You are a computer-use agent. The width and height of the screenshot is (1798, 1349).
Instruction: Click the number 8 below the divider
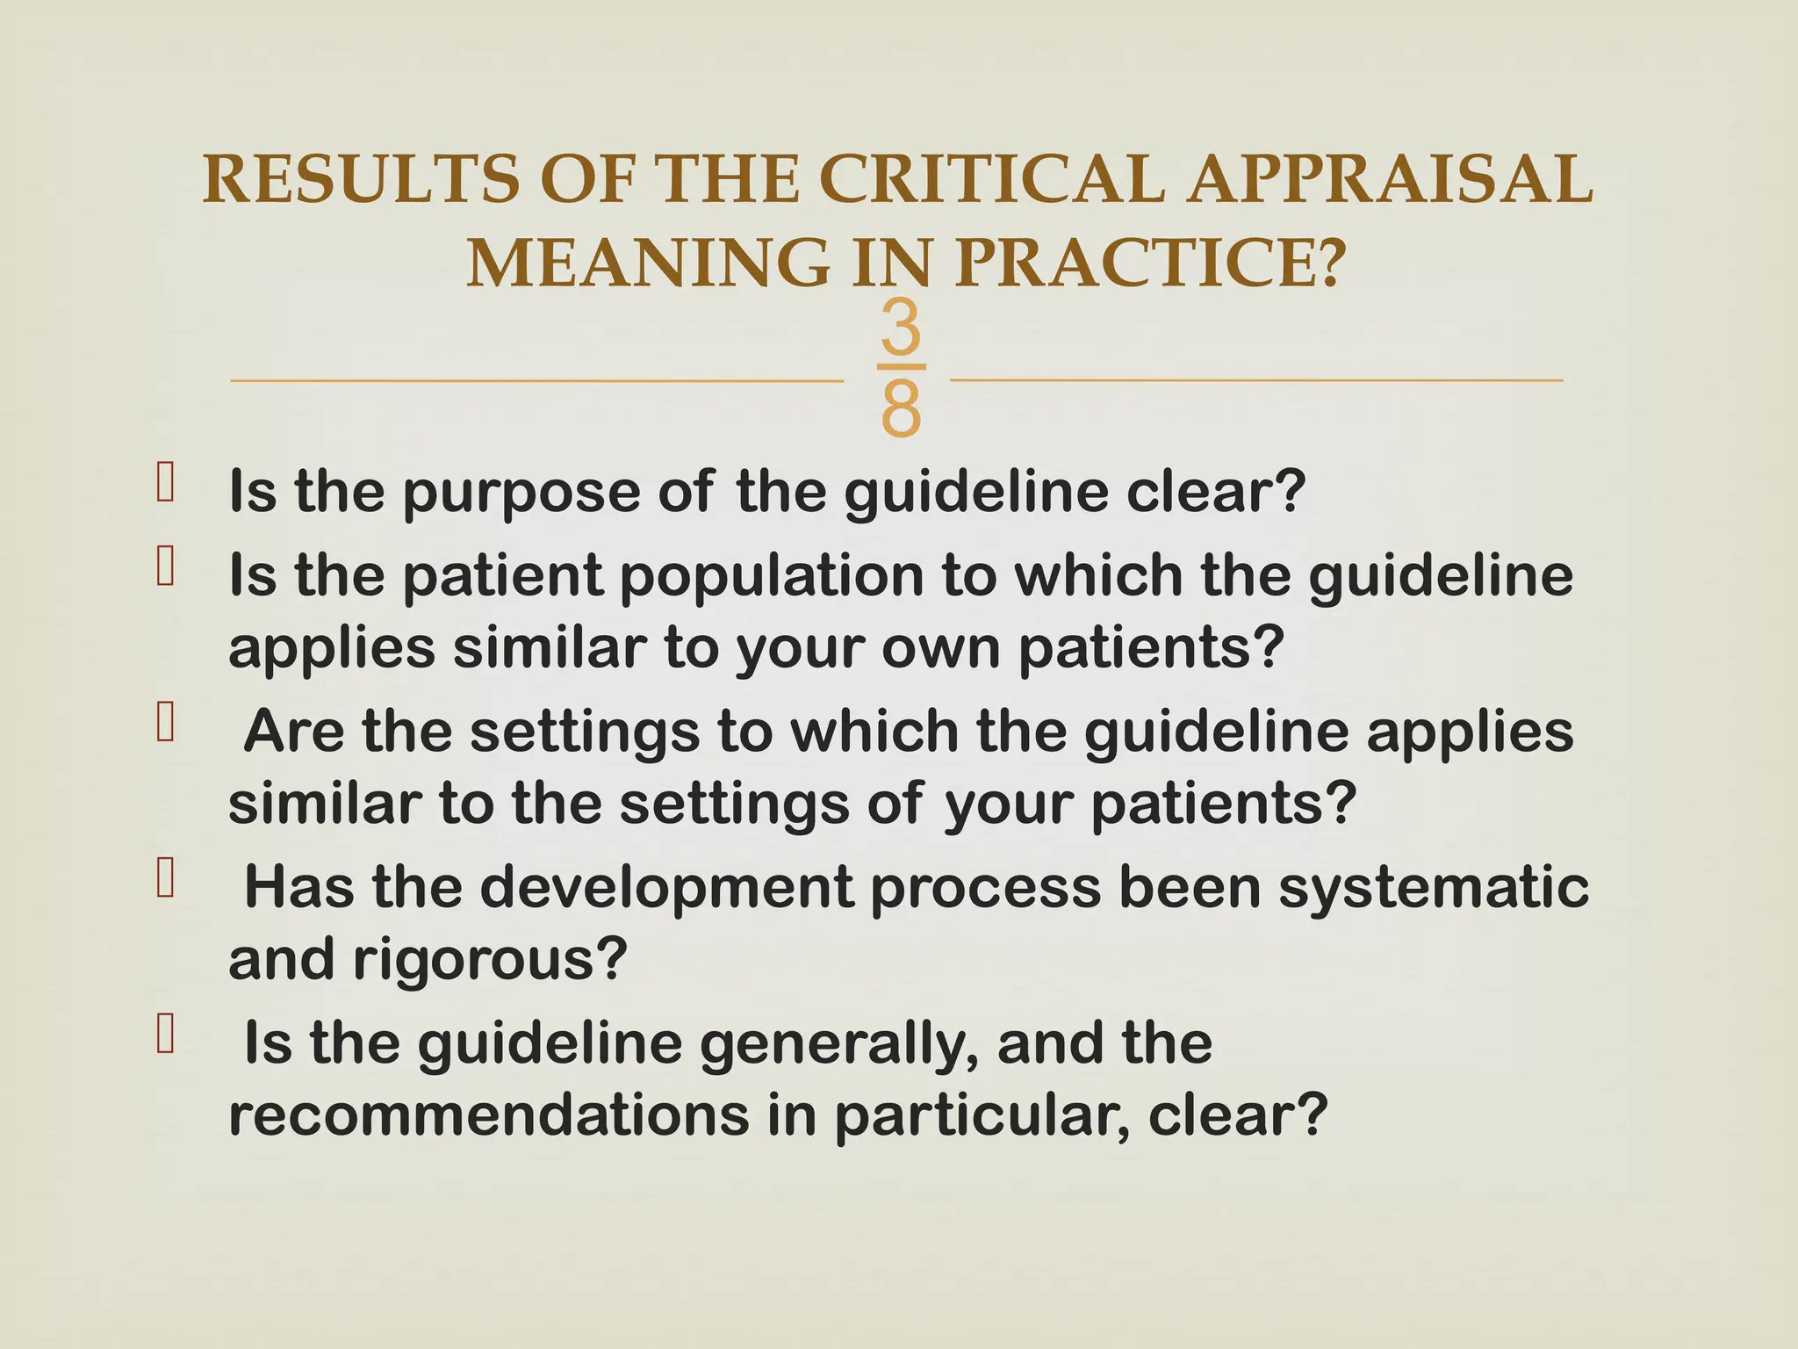pyautogui.click(x=901, y=409)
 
